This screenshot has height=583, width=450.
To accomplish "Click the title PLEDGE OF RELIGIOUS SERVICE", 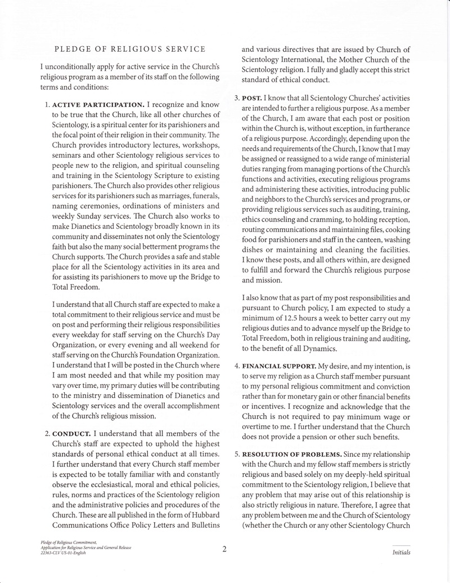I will tap(129, 49).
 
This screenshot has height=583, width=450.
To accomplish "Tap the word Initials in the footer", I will tap(401, 553).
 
